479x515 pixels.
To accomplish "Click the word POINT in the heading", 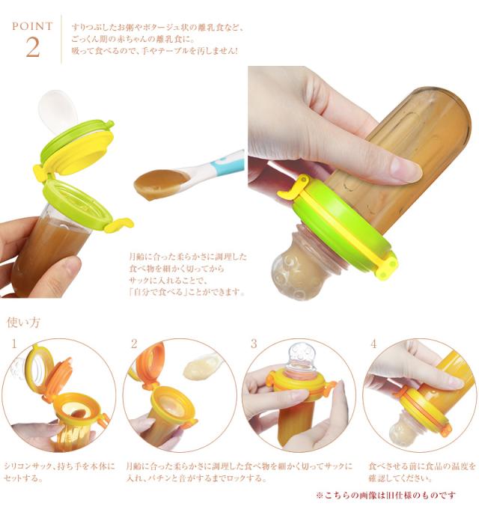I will [32, 26].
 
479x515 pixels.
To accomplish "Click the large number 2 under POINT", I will [33, 46].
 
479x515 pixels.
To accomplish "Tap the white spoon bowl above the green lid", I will [57, 109].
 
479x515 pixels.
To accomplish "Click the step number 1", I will [14, 344].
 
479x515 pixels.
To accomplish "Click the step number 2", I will [134, 344].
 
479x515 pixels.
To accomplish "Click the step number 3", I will [254, 344].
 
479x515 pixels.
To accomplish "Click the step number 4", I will [373, 344].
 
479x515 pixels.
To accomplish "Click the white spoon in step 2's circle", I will [201, 366].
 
